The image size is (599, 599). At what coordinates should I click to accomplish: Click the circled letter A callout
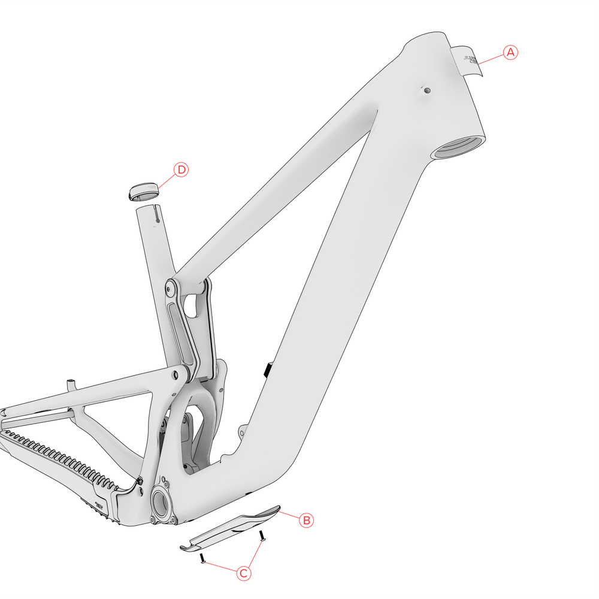[x=510, y=52]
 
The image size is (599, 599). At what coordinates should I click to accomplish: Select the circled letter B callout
[x=306, y=520]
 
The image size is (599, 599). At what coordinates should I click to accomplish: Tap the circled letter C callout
[x=244, y=573]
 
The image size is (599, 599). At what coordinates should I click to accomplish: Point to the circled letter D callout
[x=181, y=170]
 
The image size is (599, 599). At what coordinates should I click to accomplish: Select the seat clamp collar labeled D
[x=144, y=192]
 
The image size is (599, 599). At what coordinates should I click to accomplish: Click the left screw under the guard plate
[x=203, y=559]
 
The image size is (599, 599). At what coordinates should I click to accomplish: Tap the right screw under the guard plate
[x=262, y=536]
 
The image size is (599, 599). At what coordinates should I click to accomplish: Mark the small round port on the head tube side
[x=426, y=90]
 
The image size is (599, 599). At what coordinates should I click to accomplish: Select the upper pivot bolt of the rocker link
[x=171, y=288]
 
